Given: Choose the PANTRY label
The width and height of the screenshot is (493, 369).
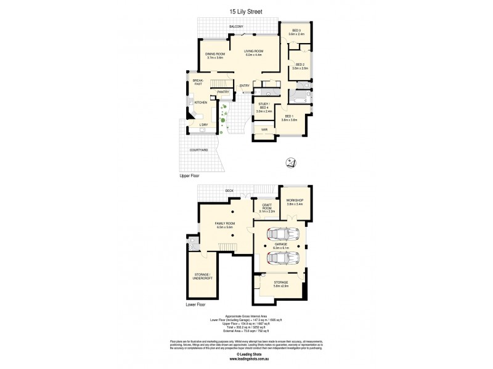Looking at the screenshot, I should pos(223,92).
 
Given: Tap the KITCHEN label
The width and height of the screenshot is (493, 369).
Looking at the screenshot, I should pos(200,102).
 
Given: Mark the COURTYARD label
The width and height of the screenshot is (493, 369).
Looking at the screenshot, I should pos(198,149).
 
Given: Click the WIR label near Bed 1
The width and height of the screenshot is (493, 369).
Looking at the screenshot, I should pos(264,130).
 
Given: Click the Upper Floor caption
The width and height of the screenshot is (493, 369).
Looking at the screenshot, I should pos(189,175).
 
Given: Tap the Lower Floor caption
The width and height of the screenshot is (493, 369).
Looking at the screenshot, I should pos(195,304).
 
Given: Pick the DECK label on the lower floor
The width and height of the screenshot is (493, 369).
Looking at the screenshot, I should pos(229,191).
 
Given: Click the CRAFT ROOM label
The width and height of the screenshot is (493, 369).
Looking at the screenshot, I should pos(267,207).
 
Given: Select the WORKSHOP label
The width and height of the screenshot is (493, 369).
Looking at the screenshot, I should pos(295,201).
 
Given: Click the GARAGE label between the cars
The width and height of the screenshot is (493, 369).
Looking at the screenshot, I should pos(280,244).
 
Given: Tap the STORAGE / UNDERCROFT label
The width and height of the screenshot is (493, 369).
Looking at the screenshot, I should pos(202,277).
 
